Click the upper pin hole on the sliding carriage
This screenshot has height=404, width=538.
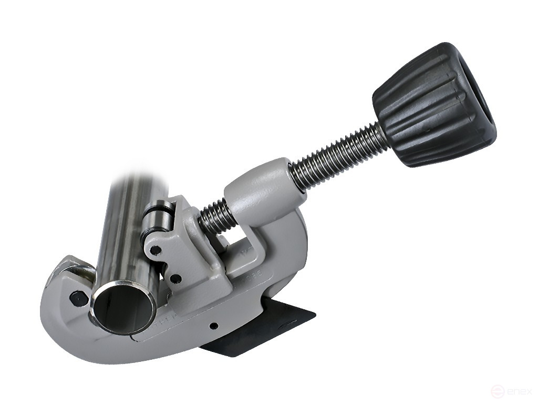156,251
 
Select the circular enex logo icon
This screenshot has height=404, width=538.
496,391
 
